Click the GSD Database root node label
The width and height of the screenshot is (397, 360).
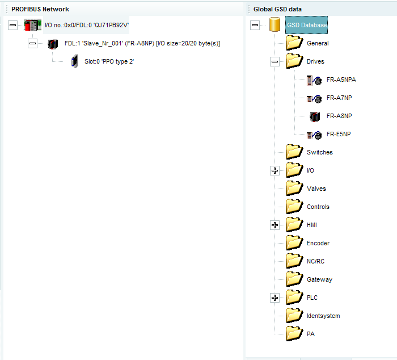click(307, 25)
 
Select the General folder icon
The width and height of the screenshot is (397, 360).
click(294, 43)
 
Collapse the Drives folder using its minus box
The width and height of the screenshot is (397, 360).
click(275, 61)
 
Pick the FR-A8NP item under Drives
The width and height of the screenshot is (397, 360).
click(339, 116)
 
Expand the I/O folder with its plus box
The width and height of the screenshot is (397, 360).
click(275, 170)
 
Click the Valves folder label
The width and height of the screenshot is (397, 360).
click(316, 189)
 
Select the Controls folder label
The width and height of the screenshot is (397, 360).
click(318, 207)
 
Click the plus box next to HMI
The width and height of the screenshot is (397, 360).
click(275, 225)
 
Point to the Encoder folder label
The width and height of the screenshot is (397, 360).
click(318, 243)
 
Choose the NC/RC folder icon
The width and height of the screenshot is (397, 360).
click(294, 261)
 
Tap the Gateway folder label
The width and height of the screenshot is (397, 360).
click(319, 279)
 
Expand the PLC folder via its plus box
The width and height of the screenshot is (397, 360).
click(275, 298)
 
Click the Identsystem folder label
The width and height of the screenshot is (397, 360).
click(323, 316)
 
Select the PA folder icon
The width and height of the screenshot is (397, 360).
click(294, 333)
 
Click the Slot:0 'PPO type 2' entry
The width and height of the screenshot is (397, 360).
click(109, 61)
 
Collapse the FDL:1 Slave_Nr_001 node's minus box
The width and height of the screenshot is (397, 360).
click(32, 43)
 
